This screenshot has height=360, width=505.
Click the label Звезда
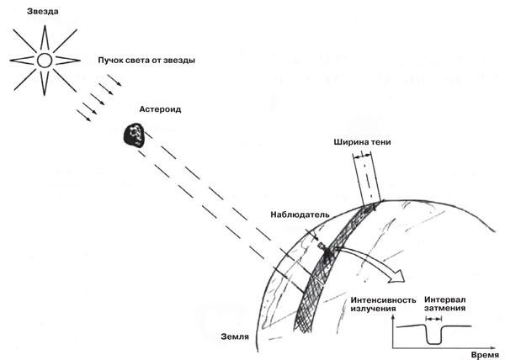click(x=43, y=12)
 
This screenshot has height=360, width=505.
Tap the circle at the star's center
click(x=45, y=61)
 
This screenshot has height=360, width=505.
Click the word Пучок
click(x=109, y=61)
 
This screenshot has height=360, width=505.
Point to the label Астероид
click(x=160, y=109)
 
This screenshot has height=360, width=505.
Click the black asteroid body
click(x=135, y=135)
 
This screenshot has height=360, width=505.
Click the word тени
click(x=380, y=142)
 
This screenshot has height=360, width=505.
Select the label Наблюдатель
click(x=300, y=214)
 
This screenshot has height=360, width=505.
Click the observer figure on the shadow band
click(x=326, y=250)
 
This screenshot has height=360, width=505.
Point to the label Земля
click(x=235, y=336)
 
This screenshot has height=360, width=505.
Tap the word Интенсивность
click(x=383, y=300)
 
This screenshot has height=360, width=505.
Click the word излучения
click(x=373, y=309)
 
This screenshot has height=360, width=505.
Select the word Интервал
click(x=444, y=299)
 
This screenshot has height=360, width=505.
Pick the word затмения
click(x=444, y=308)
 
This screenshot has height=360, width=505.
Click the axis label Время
click(x=486, y=355)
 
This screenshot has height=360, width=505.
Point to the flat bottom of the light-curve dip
click(x=433, y=344)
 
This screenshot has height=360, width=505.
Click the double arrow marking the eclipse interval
click(x=433, y=319)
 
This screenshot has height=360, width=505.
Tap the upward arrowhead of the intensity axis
click(x=392, y=318)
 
